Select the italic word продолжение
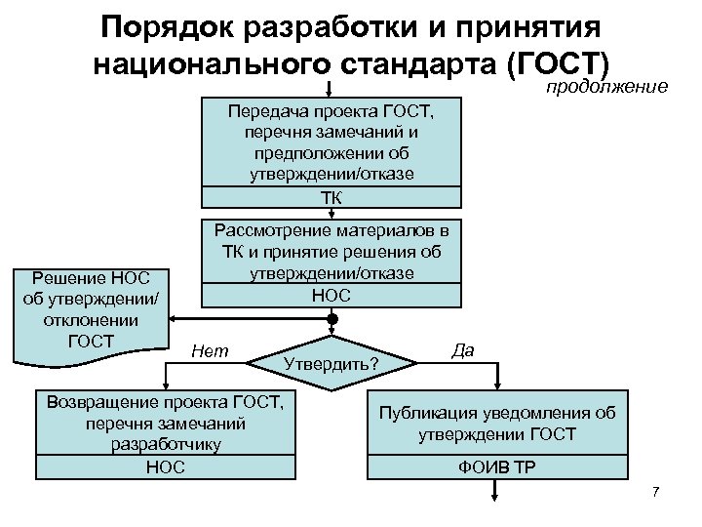click(605, 88)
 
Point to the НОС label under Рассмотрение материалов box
click(331, 295)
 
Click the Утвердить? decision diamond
click(331, 364)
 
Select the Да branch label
click(463, 349)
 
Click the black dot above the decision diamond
click(331, 319)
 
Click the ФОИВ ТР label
click(496, 466)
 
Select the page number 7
click(656, 490)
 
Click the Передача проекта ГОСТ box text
click(331, 142)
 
